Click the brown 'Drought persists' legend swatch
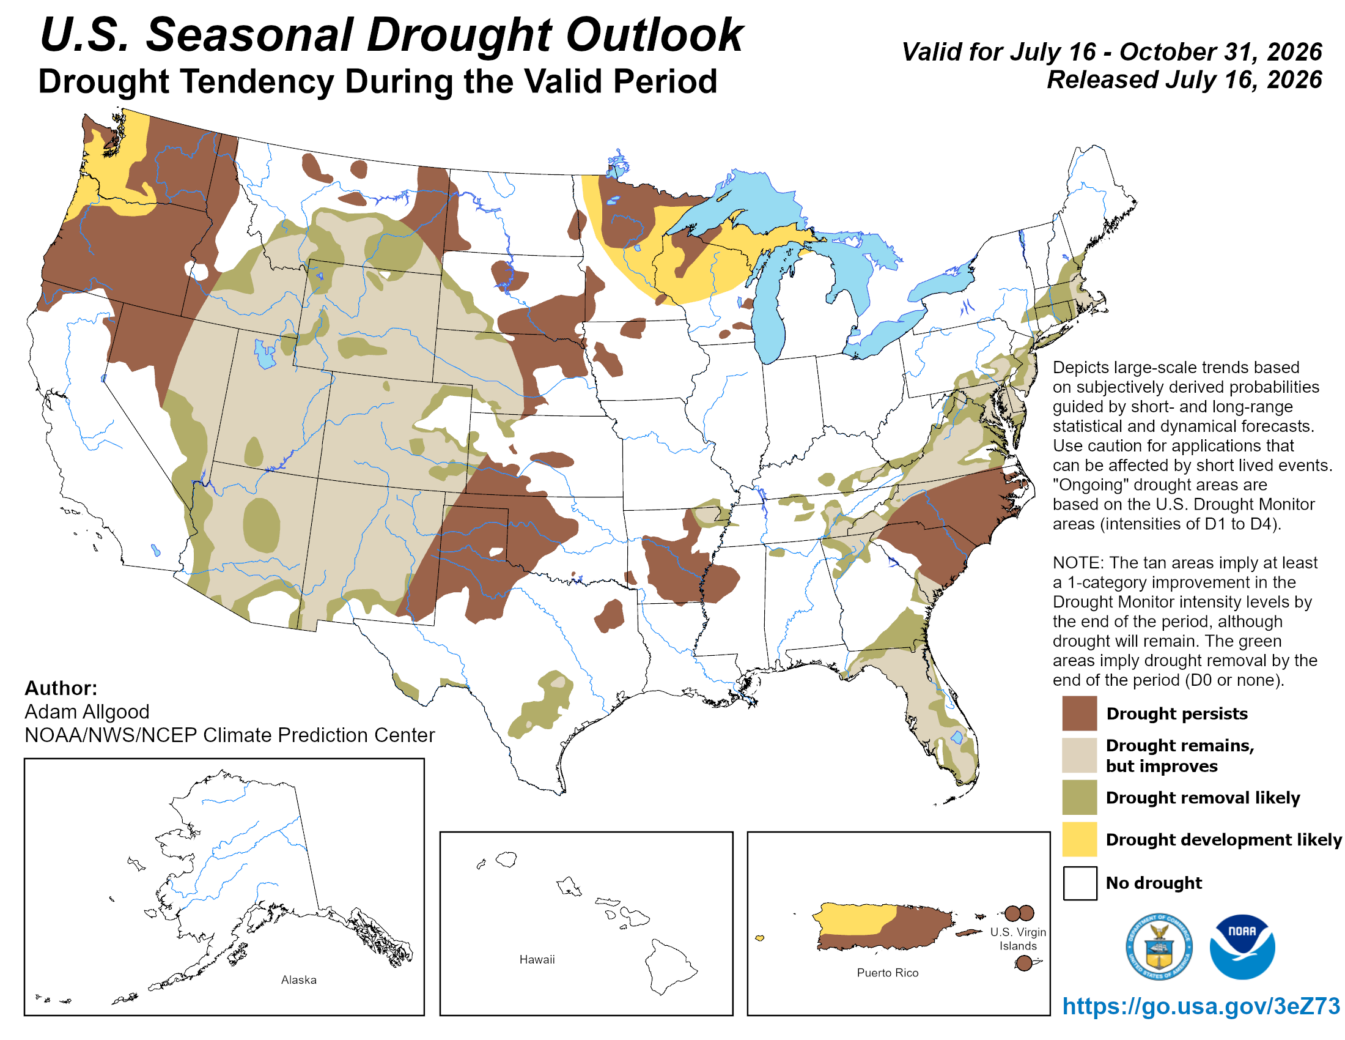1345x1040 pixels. (1080, 713)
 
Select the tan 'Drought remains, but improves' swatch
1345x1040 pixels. (1080, 756)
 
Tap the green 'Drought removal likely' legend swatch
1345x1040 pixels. (1080, 797)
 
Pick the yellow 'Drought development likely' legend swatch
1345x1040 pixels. (1080, 839)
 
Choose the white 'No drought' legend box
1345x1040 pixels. (1080, 883)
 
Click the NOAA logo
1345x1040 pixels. (1242, 947)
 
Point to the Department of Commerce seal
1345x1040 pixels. (1159, 947)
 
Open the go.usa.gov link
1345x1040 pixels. (1201, 1006)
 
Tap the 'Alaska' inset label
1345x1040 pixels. (299, 979)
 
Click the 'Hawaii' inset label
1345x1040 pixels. (537, 959)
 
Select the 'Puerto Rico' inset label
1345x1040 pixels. (888, 973)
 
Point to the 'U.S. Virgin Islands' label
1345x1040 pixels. (1018, 939)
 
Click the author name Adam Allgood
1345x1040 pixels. (87, 711)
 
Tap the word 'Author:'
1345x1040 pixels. (61, 688)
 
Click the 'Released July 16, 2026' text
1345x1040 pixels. (1184, 80)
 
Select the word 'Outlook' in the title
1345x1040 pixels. (655, 34)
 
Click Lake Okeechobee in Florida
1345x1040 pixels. (956, 737)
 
